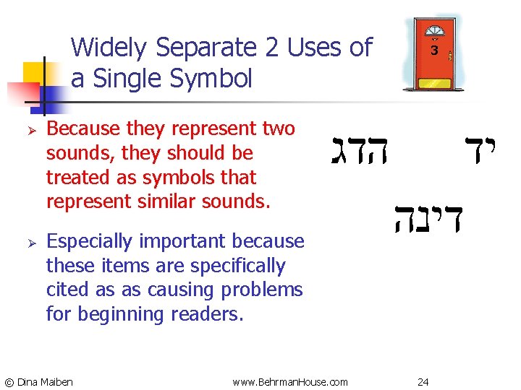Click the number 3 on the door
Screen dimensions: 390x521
point(434,51)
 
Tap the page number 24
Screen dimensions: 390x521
point(424,381)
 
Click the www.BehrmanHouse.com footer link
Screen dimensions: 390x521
point(290,381)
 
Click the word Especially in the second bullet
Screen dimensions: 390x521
point(91,241)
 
